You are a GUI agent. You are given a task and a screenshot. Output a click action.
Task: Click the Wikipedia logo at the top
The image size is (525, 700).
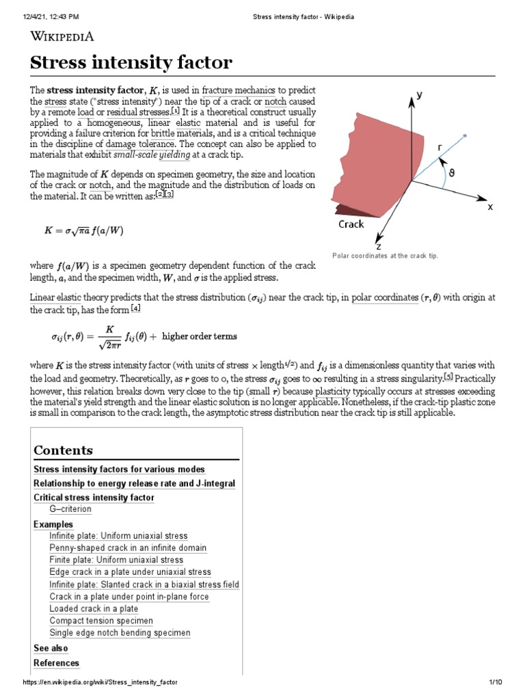click(x=62, y=36)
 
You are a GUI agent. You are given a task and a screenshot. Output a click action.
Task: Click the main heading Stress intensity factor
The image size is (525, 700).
click(x=131, y=64)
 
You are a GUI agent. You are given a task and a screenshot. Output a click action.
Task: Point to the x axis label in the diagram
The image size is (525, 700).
click(x=489, y=206)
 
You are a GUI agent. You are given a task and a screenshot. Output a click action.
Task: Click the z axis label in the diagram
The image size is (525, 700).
click(x=378, y=245)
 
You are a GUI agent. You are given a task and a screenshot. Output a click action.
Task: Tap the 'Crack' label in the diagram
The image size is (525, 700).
click(x=351, y=224)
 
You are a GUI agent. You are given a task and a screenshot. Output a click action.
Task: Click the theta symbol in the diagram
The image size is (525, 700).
click(x=451, y=173)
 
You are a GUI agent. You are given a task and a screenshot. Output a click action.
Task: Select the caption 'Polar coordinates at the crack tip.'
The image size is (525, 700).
click(x=384, y=256)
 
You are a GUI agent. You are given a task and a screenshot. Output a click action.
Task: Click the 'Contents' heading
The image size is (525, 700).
click(x=63, y=450)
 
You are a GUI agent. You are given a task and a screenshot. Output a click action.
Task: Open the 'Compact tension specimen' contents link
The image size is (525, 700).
click(x=101, y=621)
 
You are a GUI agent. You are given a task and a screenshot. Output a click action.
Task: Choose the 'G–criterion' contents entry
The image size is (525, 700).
click(x=70, y=509)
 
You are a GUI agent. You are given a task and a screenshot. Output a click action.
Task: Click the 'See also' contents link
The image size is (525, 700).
click(x=51, y=648)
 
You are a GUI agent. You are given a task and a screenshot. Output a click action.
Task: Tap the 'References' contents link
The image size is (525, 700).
click(x=56, y=663)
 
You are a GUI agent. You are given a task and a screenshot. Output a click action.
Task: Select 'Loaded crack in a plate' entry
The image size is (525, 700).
click(x=94, y=608)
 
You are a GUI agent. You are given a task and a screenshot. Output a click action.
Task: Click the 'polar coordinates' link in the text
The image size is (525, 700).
click(x=384, y=297)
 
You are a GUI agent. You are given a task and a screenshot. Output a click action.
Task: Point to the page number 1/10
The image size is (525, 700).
click(x=496, y=683)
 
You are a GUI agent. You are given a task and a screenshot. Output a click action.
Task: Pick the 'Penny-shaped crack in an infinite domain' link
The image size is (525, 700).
click(x=128, y=548)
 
